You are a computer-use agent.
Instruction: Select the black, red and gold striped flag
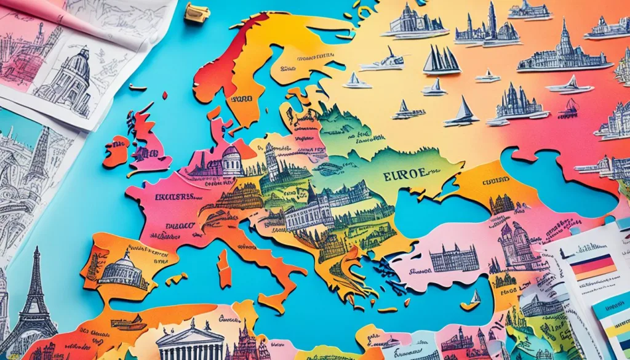tap(592, 266)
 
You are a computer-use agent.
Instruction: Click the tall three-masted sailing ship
tap(442, 60)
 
